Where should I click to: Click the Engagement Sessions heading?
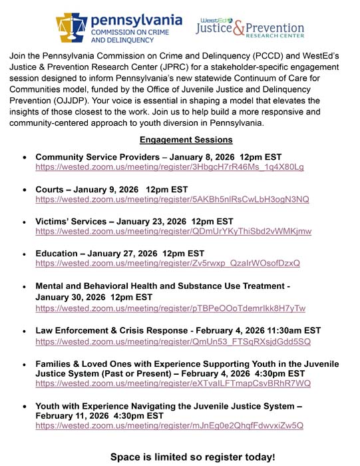point(186,140)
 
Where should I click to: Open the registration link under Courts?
point(172,199)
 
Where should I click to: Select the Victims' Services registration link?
point(173,232)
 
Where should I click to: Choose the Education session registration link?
point(168,264)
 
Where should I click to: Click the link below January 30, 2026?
point(170,308)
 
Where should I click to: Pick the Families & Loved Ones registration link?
point(173,384)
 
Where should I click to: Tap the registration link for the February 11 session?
point(169,425)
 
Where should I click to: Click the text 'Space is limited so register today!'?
point(192,457)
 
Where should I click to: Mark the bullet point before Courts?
point(24,189)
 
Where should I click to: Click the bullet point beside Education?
point(24,254)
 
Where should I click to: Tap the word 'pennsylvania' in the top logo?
point(136,19)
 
